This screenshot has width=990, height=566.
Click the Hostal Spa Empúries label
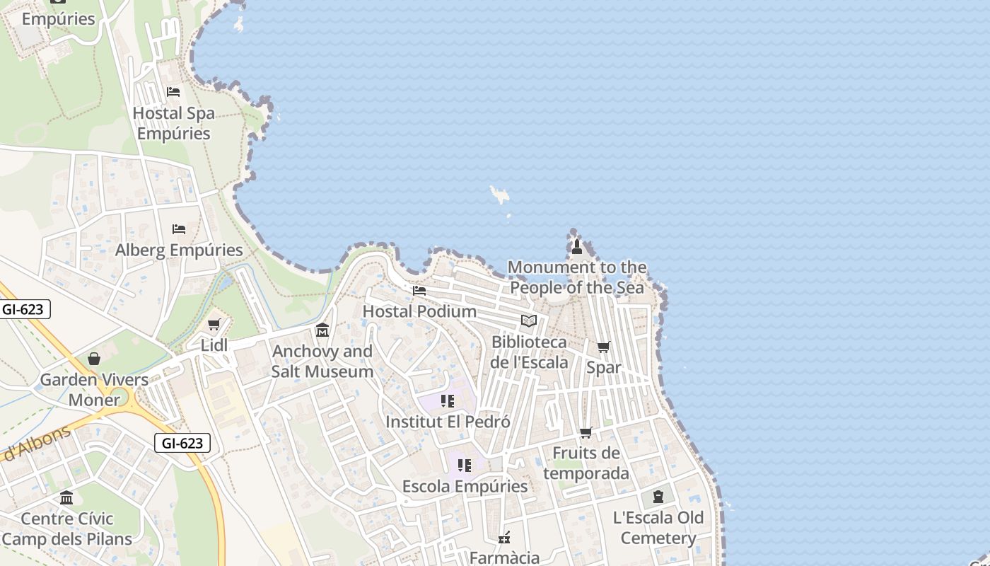(x=173, y=123)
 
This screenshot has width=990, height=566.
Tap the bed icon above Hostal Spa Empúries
(x=173, y=92)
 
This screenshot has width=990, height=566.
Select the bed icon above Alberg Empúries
(x=179, y=229)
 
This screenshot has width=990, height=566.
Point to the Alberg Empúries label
(x=179, y=250)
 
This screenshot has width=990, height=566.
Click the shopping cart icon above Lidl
(x=214, y=324)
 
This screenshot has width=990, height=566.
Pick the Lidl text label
(x=214, y=345)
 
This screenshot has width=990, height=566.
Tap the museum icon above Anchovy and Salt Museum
(x=322, y=330)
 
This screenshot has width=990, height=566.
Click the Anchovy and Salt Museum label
(x=322, y=362)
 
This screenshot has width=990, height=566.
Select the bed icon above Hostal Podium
(x=419, y=290)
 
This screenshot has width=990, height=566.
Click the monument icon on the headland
(x=577, y=246)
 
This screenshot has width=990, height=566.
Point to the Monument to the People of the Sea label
(x=577, y=277)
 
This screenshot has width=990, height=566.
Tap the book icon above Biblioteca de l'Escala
(x=529, y=320)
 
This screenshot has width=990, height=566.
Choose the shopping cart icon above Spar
(x=603, y=347)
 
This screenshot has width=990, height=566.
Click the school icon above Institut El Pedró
(x=448, y=401)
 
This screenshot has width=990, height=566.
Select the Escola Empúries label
(x=465, y=487)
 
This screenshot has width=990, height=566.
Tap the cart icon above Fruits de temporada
(x=586, y=432)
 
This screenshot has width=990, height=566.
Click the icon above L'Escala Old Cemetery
(x=658, y=497)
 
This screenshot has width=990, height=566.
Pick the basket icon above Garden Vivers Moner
(x=94, y=359)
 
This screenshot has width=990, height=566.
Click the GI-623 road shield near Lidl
(x=182, y=444)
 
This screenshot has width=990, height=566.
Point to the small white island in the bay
(x=501, y=194)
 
